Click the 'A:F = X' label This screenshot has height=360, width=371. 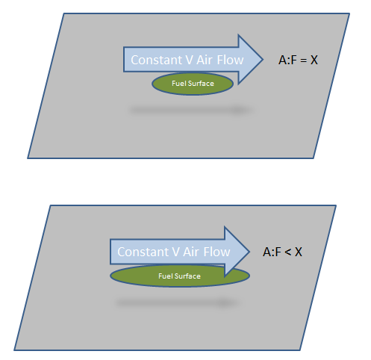[298, 60]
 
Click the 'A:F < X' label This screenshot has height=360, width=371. [282, 252]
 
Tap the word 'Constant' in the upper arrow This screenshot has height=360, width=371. [157, 60]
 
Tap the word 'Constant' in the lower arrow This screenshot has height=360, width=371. [143, 252]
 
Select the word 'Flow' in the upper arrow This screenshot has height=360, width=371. [230, 60]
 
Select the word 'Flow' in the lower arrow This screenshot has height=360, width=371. [216, 252]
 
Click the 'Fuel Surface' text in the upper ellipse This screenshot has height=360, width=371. [193, 84]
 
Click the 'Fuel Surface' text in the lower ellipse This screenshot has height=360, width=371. [179, 276]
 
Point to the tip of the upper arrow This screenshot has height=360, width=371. [263, 60]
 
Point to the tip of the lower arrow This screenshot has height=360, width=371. [249, 252]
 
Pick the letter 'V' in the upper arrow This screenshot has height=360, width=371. [190, 60]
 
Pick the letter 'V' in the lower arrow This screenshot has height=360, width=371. [176, 252]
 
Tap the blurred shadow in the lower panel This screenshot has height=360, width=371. [177, 303]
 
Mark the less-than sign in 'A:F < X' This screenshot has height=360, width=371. [287, 252]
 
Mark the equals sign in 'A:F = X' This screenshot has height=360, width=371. [303, 60]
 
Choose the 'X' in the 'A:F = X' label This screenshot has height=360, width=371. [314, 60]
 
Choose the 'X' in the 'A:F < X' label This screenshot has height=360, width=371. [299, 252]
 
